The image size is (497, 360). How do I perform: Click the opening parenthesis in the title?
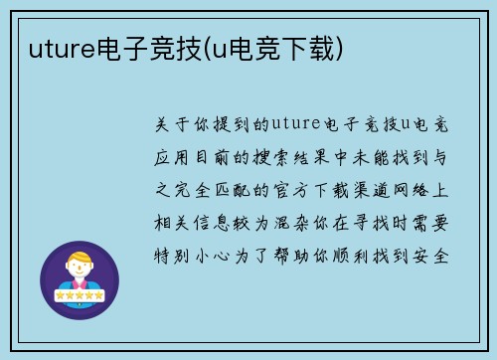click(x=206, y=47)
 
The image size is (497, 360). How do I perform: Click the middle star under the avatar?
click(x=80, y=296)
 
